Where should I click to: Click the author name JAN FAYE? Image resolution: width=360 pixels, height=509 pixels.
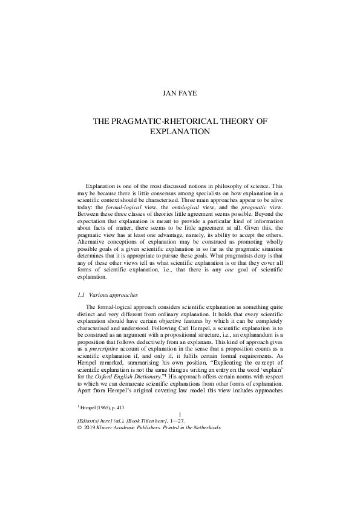click(180, 94)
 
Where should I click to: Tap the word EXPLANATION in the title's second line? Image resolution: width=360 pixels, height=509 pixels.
click(180, 131)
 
